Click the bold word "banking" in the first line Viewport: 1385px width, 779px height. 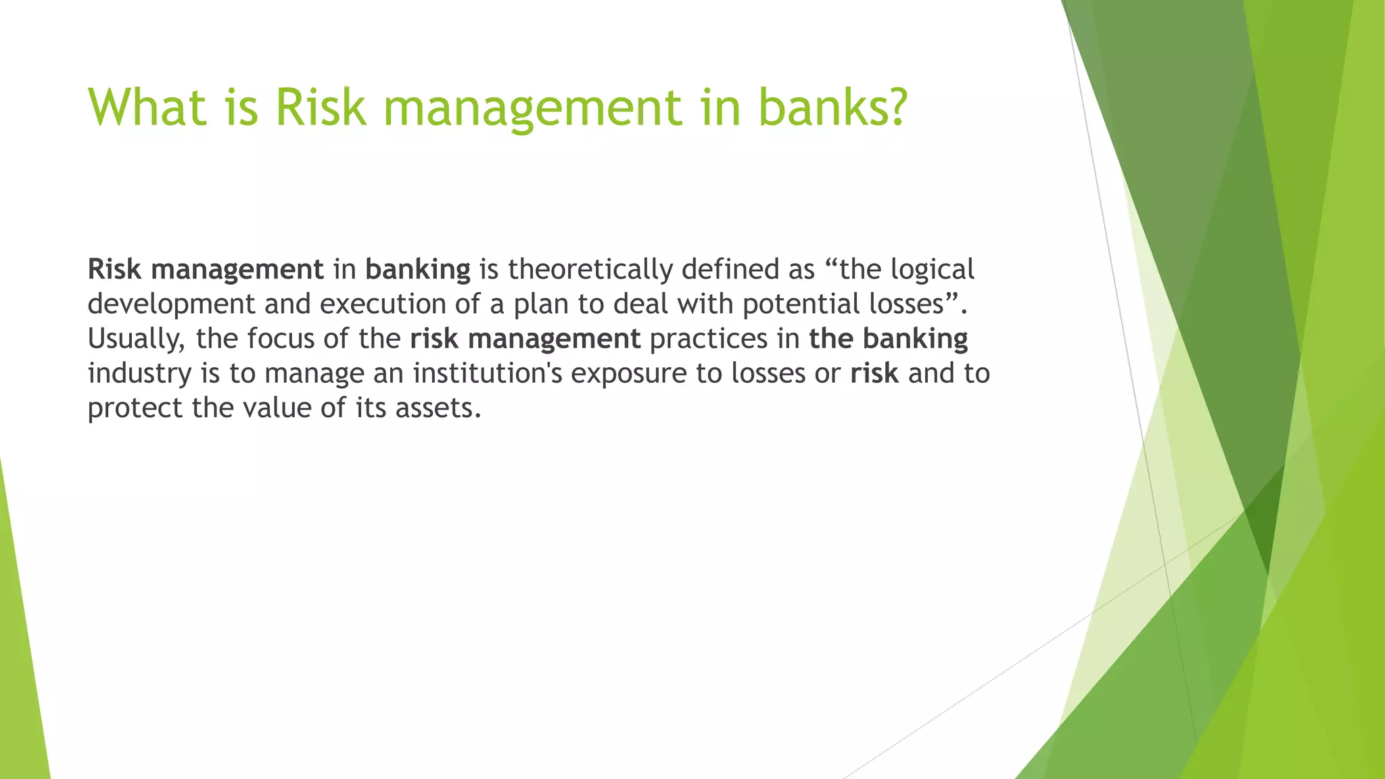click(x=417, y=270)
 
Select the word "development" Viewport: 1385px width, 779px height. click(x=171, y=304)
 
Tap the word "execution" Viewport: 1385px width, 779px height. click(x=382, y=304)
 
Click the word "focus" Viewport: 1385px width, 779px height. click(x=280, y=339)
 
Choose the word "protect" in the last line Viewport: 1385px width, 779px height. click(x=135, y=408)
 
